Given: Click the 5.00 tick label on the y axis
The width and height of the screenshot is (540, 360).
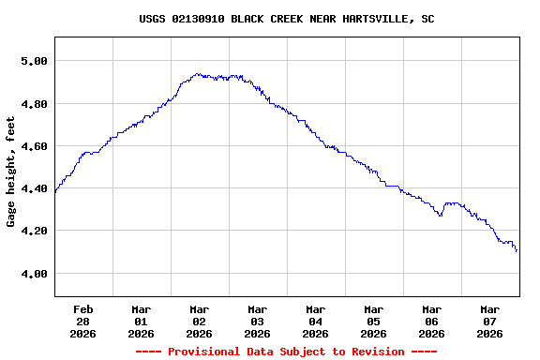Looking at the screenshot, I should click(x=33, y=61).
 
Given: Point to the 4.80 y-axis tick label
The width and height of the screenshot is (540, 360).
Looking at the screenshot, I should click(x=33, y=103).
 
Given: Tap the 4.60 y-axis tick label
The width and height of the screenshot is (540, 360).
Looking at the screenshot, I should click(x=33, y=146).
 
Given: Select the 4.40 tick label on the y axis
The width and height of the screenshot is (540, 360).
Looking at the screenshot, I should click(x=33, y=188).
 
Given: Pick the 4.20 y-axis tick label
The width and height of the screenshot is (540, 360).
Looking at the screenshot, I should click(x=33, y=231).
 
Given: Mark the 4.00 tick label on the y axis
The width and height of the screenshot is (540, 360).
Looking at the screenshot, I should click(x=33, y=274).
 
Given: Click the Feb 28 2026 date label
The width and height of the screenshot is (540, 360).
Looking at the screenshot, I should click(x=82, y=321).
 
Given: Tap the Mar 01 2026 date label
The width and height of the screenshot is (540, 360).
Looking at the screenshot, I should click(x=141, y=321).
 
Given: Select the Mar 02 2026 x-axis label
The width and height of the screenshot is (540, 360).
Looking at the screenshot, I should click(x=199, y=321).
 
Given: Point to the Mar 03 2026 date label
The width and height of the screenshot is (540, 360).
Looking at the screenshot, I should click(x=257, y=321).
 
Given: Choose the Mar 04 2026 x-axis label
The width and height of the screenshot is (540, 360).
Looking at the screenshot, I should click(x=315, y=321).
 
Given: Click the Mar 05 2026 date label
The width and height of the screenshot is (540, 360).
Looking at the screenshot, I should click(x=373, y=321).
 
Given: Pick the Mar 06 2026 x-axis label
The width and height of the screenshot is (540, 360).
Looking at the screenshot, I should click(x=431, y=321).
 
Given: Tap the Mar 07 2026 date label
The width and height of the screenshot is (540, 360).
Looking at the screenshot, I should click(x=489, y=321).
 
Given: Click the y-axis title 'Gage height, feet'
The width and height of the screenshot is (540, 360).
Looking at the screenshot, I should click(x=11, y=172).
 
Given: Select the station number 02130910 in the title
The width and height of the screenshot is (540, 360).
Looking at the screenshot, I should click(x=198, y=19).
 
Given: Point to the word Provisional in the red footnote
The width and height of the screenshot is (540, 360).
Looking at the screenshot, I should click(x=204, y=352).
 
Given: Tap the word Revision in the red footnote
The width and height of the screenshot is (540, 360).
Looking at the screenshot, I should click(x=373, y=352).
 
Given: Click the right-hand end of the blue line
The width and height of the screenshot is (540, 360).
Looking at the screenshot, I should click(x=517, y=251).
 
